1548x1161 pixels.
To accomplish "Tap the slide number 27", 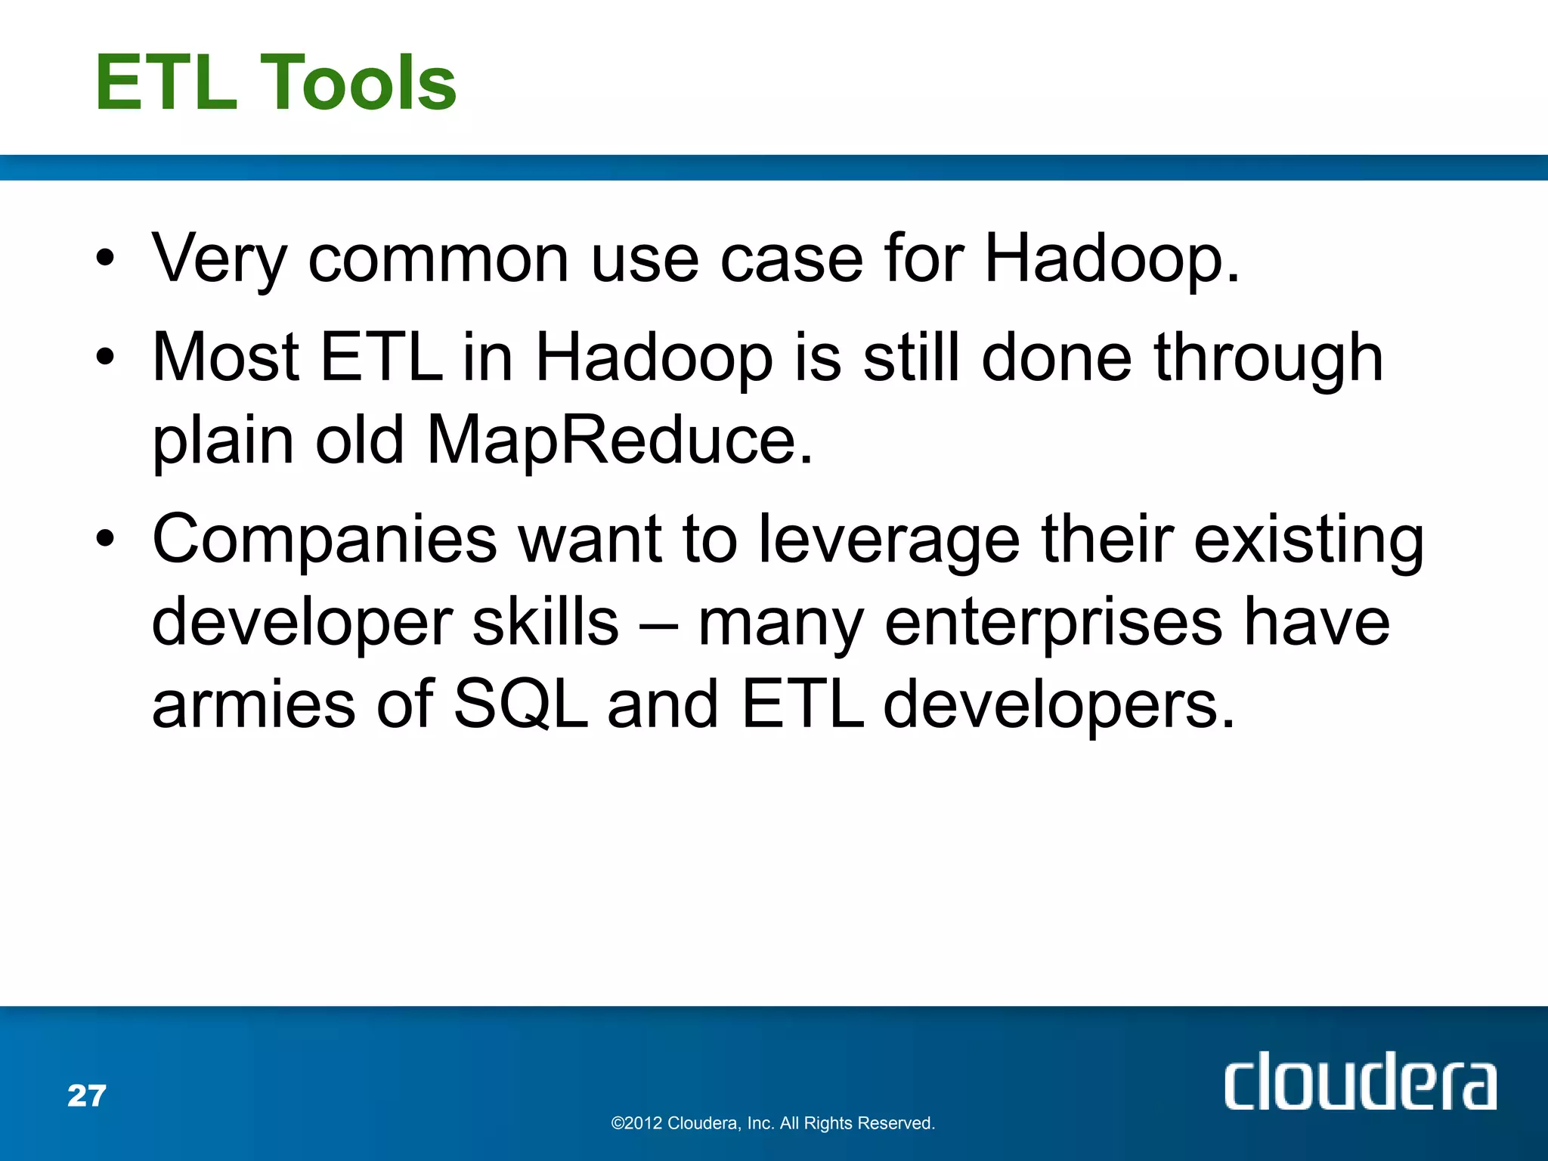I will point(87,1096).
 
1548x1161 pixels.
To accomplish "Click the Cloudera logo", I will point(1360,1082).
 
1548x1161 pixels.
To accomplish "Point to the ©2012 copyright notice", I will point(772,1123).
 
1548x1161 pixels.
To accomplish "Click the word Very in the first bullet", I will point(219,259).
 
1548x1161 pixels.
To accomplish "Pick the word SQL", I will point(520,704).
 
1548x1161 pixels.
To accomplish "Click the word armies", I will point(253,705).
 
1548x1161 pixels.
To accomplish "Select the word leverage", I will point(890,540).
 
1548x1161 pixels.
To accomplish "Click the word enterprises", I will point(1053,624).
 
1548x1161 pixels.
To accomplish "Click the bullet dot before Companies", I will point(105,539).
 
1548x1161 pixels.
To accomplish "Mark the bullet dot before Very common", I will point(105,259).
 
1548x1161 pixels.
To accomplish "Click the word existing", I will point(1308,540).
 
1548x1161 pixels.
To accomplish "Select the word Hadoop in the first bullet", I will point(1111,259).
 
